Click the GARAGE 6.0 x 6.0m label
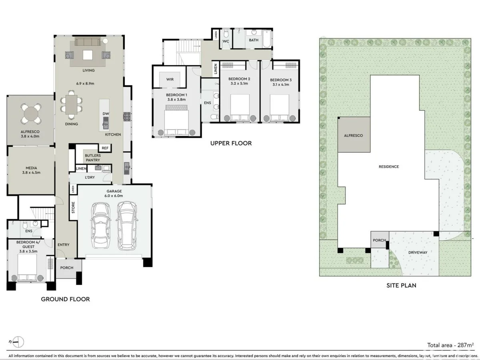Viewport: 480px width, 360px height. (114, 194)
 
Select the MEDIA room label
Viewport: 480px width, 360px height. (31, 170)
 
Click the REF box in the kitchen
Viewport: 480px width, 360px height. (105, 148)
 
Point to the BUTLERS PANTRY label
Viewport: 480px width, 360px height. (92, 158)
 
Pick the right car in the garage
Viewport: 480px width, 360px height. (127, 225)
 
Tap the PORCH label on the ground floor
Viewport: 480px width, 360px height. (67, 268)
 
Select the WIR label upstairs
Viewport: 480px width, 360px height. (170, 79)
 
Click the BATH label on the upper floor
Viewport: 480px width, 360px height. (254, 40)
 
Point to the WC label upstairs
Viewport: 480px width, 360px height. (226, 41)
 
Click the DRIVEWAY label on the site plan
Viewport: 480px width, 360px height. (418, 252)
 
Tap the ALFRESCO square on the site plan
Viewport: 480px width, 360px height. (353, 135)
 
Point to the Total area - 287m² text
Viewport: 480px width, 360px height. (450, 345)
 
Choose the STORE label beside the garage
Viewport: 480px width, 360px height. (73, 207)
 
